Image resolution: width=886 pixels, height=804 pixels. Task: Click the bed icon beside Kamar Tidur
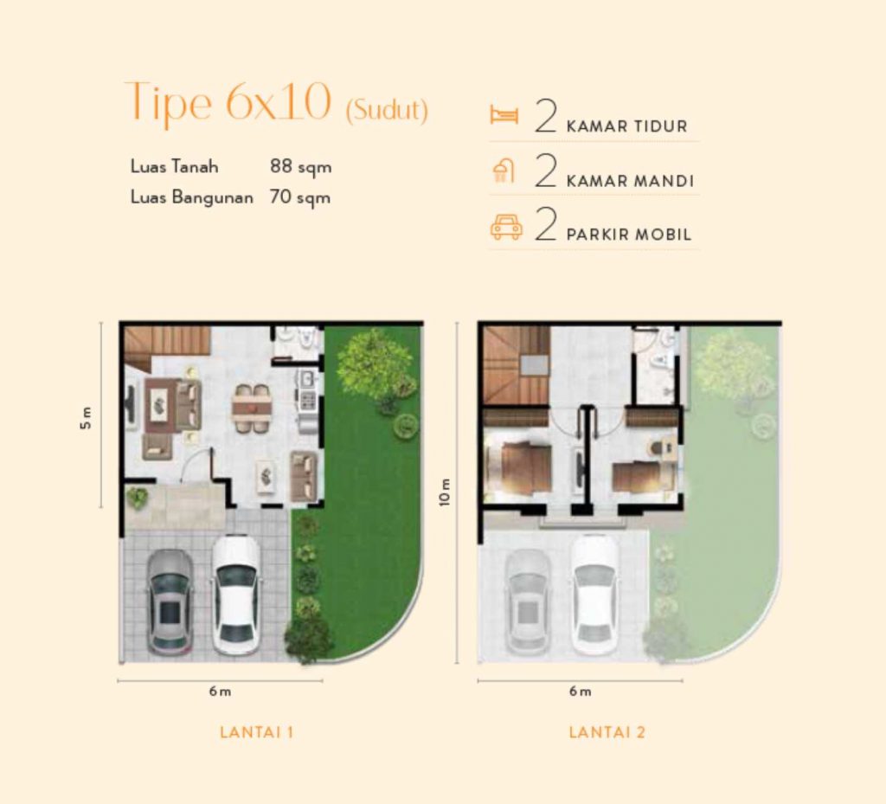click(x=504, y=115)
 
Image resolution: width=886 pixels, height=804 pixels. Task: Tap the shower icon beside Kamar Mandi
click(x=503, y=171)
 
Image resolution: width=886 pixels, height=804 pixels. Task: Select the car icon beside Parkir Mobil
click(x=506, y=228)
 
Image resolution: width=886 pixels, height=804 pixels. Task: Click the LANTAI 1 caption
click(x=257, y=732)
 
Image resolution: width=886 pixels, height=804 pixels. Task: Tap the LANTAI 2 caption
click(x=607, y=732)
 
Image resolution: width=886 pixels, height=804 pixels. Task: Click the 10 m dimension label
click(x=445, y=492)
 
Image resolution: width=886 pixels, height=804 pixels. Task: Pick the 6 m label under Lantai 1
click(x=220, y=691)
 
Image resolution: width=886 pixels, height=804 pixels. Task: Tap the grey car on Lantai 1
click(x=170, y=601)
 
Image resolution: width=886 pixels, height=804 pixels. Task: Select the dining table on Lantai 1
click(x=252, y=407)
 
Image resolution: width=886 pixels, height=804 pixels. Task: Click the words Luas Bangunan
click(x=191, y=197)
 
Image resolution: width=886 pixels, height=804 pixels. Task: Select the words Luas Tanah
click(x=175, y=166)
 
